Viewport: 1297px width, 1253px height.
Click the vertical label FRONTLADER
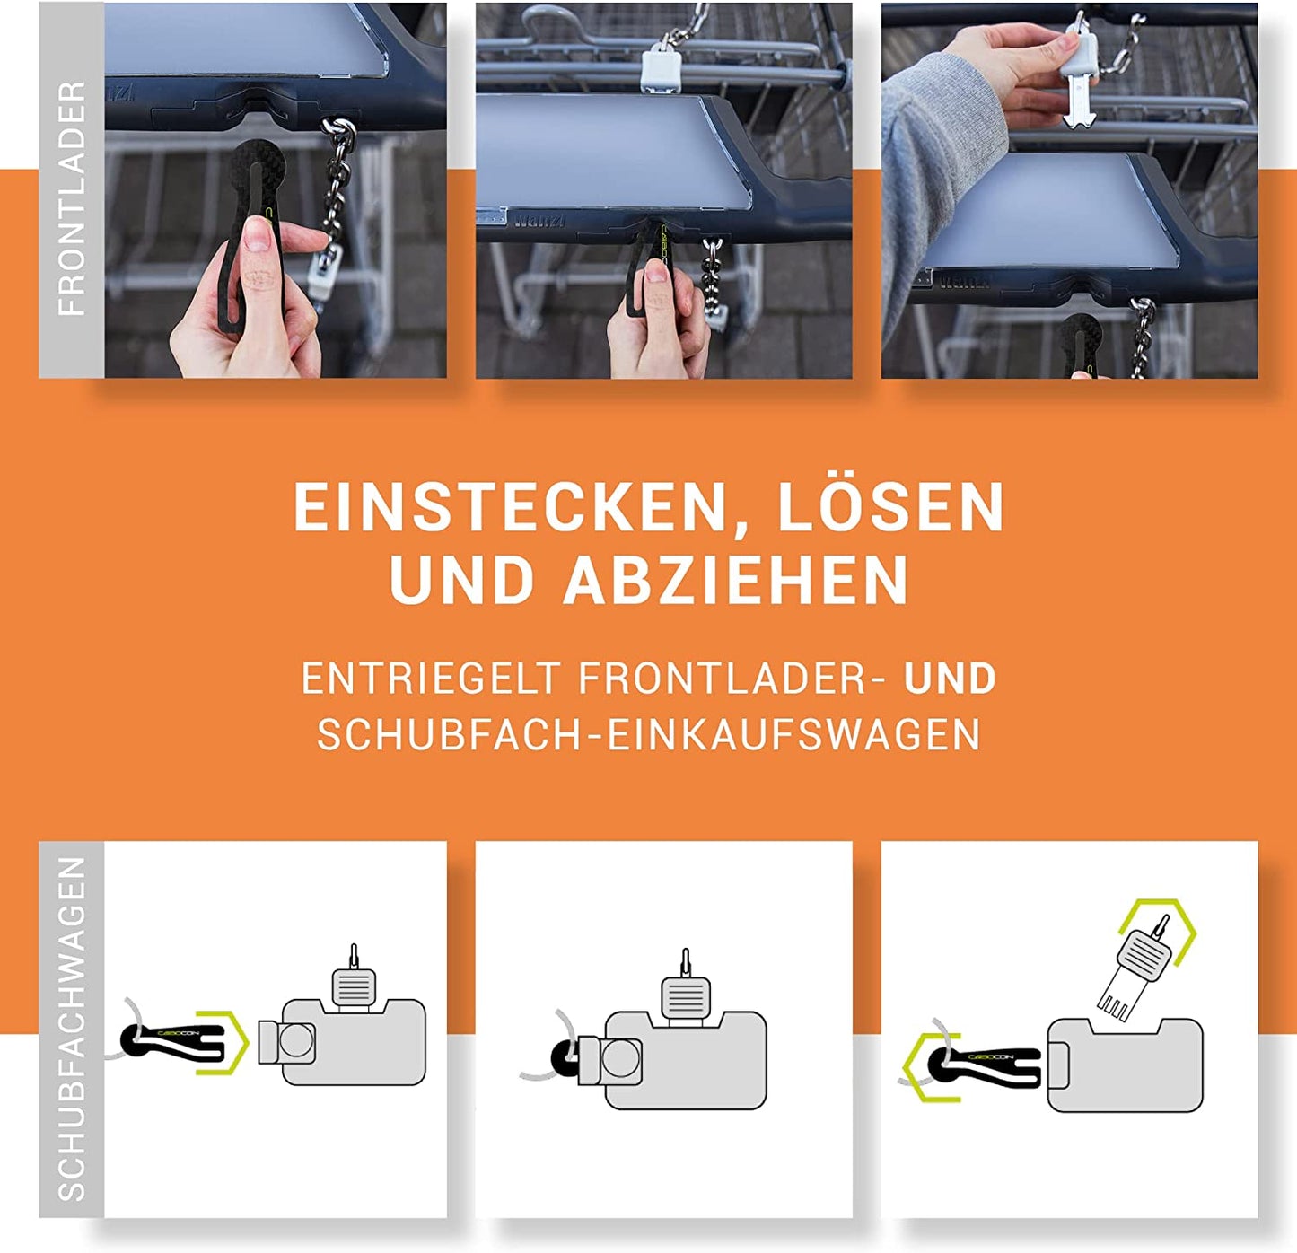tap(72, 198)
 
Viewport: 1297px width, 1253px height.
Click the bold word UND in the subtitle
tap(949, 679)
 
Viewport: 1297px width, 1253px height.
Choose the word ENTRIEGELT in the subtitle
tap(430, 679)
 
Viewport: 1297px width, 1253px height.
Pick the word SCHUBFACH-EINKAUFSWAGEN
tap(648, 734)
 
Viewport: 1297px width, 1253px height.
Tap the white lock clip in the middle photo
tap(661, 66)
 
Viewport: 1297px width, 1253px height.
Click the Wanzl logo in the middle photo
tap(539, 218)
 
